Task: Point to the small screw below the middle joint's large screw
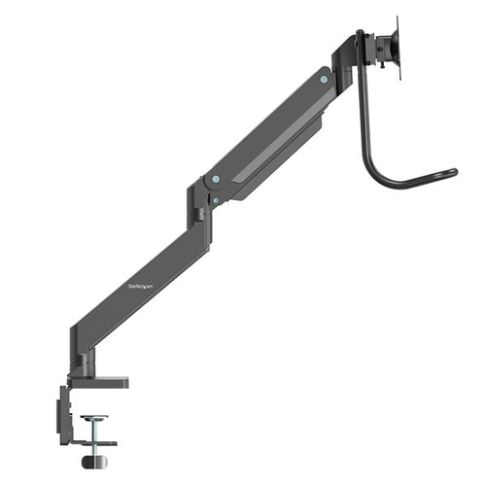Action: coord(216,199)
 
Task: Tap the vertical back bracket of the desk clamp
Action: coord(63,408)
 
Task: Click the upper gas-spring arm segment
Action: coord(272,126)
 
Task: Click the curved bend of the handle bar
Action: coord(379,177)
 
